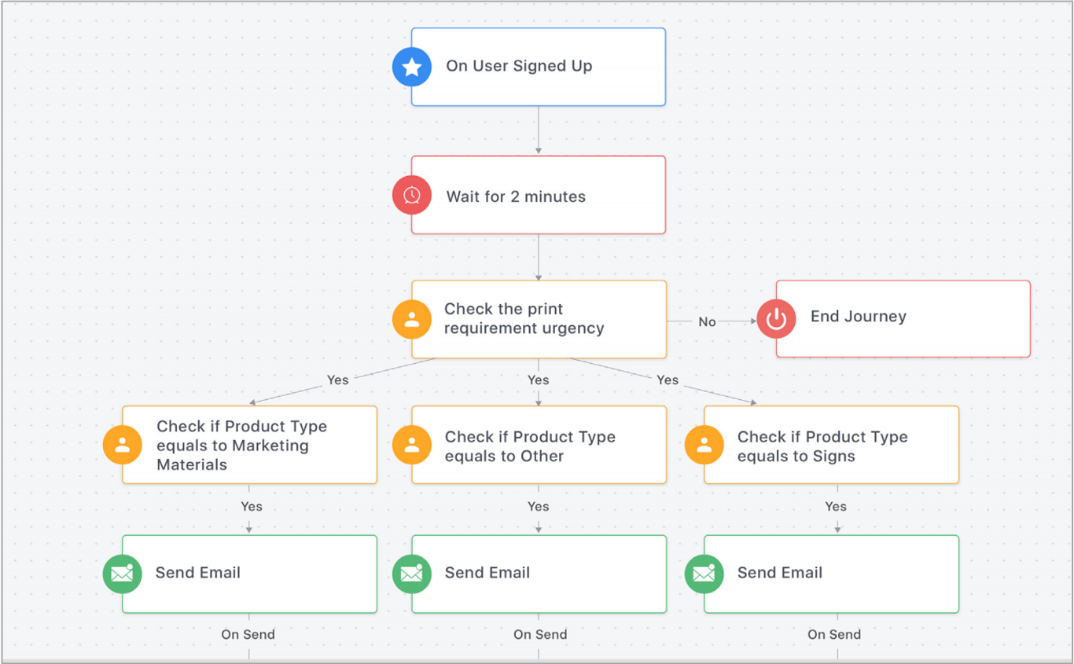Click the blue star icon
click(x=412, y=67)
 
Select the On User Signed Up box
click(x=539, y=67)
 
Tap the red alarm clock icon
click(x=412, y=195)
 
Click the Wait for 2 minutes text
click(x=516, y=196)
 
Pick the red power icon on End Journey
click(x=777, y=318)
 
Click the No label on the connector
click(x=707, y=321)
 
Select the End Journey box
click(x=903, y=318)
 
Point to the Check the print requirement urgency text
click(x=524, y=318)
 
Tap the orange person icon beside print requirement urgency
click(x=412, y=320)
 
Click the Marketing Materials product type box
click(x=249, y=445)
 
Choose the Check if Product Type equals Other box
click(x=539, y=445)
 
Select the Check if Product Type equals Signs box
click(x=831, y=445)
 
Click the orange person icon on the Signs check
click(x=704, y=445)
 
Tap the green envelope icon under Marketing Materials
click(x=123, y=574)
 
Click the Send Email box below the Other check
click(x=539, y=574)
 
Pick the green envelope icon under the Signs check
click(x=704, y=574)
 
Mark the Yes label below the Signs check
click(x=836, y=506)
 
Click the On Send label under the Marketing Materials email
click(x=248, y=634)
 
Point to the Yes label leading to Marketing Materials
click(x=337, y=380)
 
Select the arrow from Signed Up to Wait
click(x=539, y=130)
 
